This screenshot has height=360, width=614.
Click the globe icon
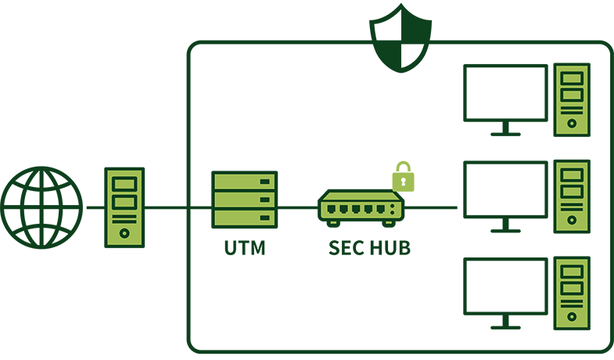[41, 207]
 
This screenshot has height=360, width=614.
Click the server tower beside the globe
[124, 207]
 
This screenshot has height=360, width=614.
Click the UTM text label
[245, 249]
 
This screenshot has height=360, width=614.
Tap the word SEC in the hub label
[345, 249]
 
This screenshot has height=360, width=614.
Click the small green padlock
[403, 178]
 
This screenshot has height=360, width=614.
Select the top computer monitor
[504, 92]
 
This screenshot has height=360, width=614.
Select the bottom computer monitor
[504, 286]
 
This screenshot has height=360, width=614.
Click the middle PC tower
[572, 196]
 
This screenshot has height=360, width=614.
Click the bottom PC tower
[572, 293]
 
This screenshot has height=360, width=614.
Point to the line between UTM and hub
[297, 207]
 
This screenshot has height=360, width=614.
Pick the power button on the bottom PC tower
[572, 317]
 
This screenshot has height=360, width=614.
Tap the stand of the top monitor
[505, 128]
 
